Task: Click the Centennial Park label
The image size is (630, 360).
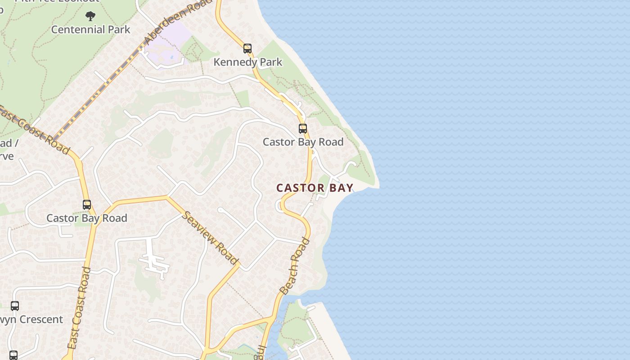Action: pyautogui.click(x=90, y=30)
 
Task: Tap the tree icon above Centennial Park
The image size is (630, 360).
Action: pyautogui.click(x=90, y=16)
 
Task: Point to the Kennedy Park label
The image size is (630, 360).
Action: pyautogui.click(x=247, y=62)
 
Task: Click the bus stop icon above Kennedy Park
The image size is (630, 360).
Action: pyautogui.click(x=247, y=49)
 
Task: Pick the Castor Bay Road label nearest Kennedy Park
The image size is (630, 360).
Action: pyautogui.click(x=303, y=142)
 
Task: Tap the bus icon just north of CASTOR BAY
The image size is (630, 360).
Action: pyautogui.click(x=303, y=129)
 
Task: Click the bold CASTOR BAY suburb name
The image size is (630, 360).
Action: pyautogui.click(x=315, y=188)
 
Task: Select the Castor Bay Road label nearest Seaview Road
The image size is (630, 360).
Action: pyautogui.click(x=87, y=218)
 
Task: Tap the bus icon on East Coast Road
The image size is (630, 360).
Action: pyautogui.click(x=87, y=205)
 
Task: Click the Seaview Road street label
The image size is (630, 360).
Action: pyautogui.click(x=210, y=237)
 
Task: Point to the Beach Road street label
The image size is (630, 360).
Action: pyautogui.click(x=295, y=266)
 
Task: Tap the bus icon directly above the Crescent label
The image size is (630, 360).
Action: pyautogui.click(x=15, y=306)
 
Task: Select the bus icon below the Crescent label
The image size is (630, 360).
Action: pyautogui.click(x=13, y=355)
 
